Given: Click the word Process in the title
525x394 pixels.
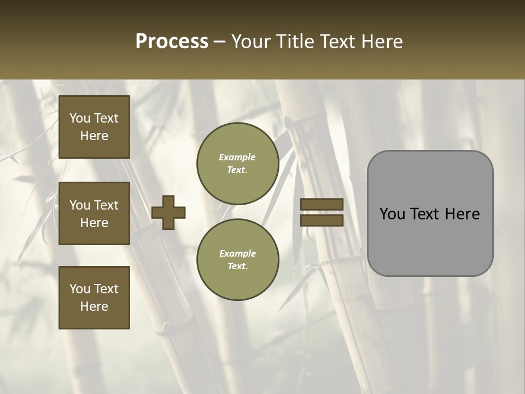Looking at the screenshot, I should tap(172, 42).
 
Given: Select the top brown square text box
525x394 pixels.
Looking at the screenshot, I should tap(94, 127).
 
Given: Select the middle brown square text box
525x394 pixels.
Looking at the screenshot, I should tap(94, 213).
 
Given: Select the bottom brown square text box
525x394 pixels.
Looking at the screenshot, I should tap(94, 298).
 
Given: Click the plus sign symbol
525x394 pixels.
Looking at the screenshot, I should tap(168, 212).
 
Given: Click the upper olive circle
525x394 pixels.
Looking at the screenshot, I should tap(237, 164).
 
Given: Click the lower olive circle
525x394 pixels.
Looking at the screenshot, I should tap(237, 260).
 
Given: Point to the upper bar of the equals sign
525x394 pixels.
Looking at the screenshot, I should tap(322, 204).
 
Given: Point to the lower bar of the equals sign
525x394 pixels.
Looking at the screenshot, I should tap(322, 220).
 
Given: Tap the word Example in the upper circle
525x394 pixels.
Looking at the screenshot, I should tap(237, 157).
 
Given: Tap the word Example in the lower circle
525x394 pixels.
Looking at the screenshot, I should tap(237, 253).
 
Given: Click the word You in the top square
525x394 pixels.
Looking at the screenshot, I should tap(80, 118).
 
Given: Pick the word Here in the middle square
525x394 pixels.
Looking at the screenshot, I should tap(94, 223).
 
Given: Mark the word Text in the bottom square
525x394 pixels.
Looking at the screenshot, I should tap(106, 289).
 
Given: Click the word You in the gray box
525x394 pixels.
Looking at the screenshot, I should tap(392, 214).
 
